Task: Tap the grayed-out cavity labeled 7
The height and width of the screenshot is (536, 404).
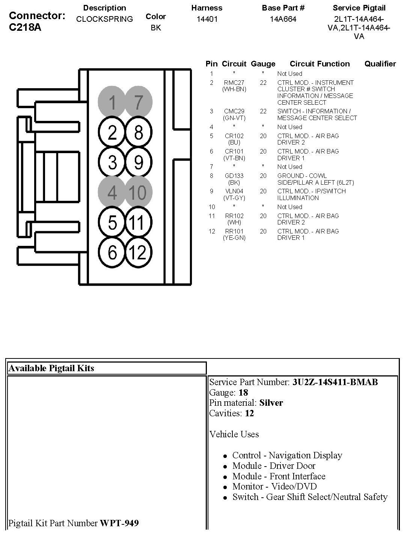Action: [138, 102]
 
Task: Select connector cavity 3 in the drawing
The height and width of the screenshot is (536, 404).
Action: [112, 163]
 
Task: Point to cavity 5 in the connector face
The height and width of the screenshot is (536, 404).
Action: [112, 223]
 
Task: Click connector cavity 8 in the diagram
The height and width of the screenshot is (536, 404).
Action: [138, 132]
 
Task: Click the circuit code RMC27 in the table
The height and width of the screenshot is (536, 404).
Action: [234, 83]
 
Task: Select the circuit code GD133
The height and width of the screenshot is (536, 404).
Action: [234, 176]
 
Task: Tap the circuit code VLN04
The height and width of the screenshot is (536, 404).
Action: [234, 191]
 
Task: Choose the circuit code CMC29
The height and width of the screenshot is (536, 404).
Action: [234, 111]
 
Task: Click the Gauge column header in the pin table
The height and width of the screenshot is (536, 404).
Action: [263, 64]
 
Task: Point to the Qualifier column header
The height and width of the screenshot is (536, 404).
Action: [380, 64]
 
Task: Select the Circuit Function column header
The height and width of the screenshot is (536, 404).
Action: [320, 64]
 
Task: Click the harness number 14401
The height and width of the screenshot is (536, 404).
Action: [207, 19]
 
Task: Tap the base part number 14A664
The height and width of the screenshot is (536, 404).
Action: [283, 19]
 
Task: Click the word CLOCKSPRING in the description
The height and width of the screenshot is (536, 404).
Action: [104, 19]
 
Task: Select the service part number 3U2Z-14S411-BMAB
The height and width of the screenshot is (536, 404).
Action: [335, 382]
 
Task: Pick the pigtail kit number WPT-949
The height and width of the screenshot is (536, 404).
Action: [119, 523]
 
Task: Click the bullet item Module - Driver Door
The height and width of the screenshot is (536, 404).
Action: [274, 466]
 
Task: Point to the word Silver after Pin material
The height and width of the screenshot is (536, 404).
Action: [271, 403]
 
